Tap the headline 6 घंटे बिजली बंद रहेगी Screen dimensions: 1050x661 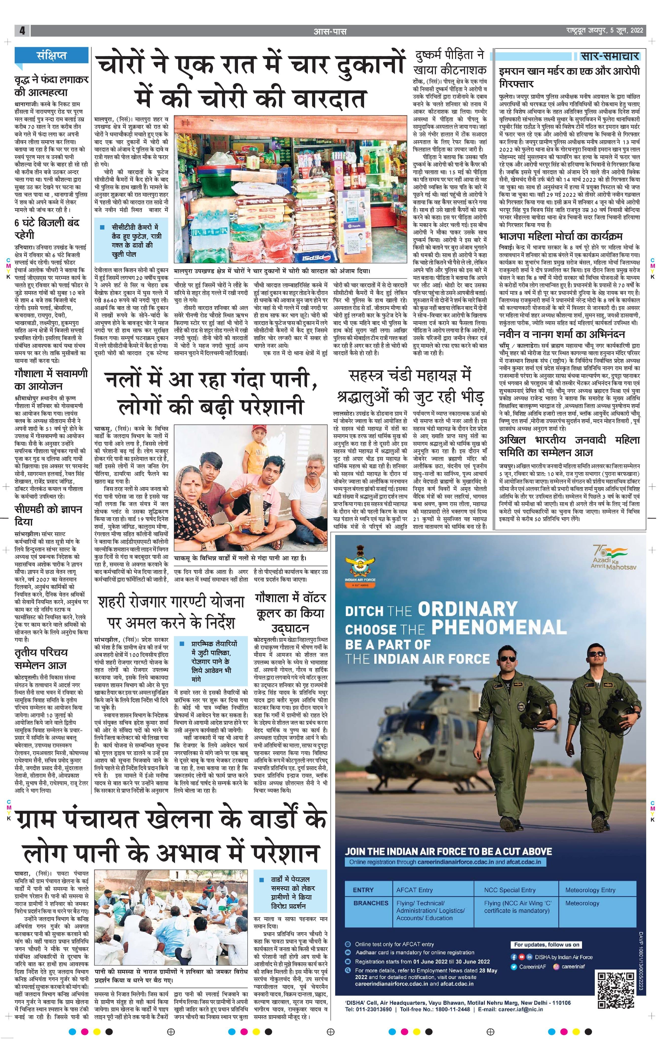coord(47,229)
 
